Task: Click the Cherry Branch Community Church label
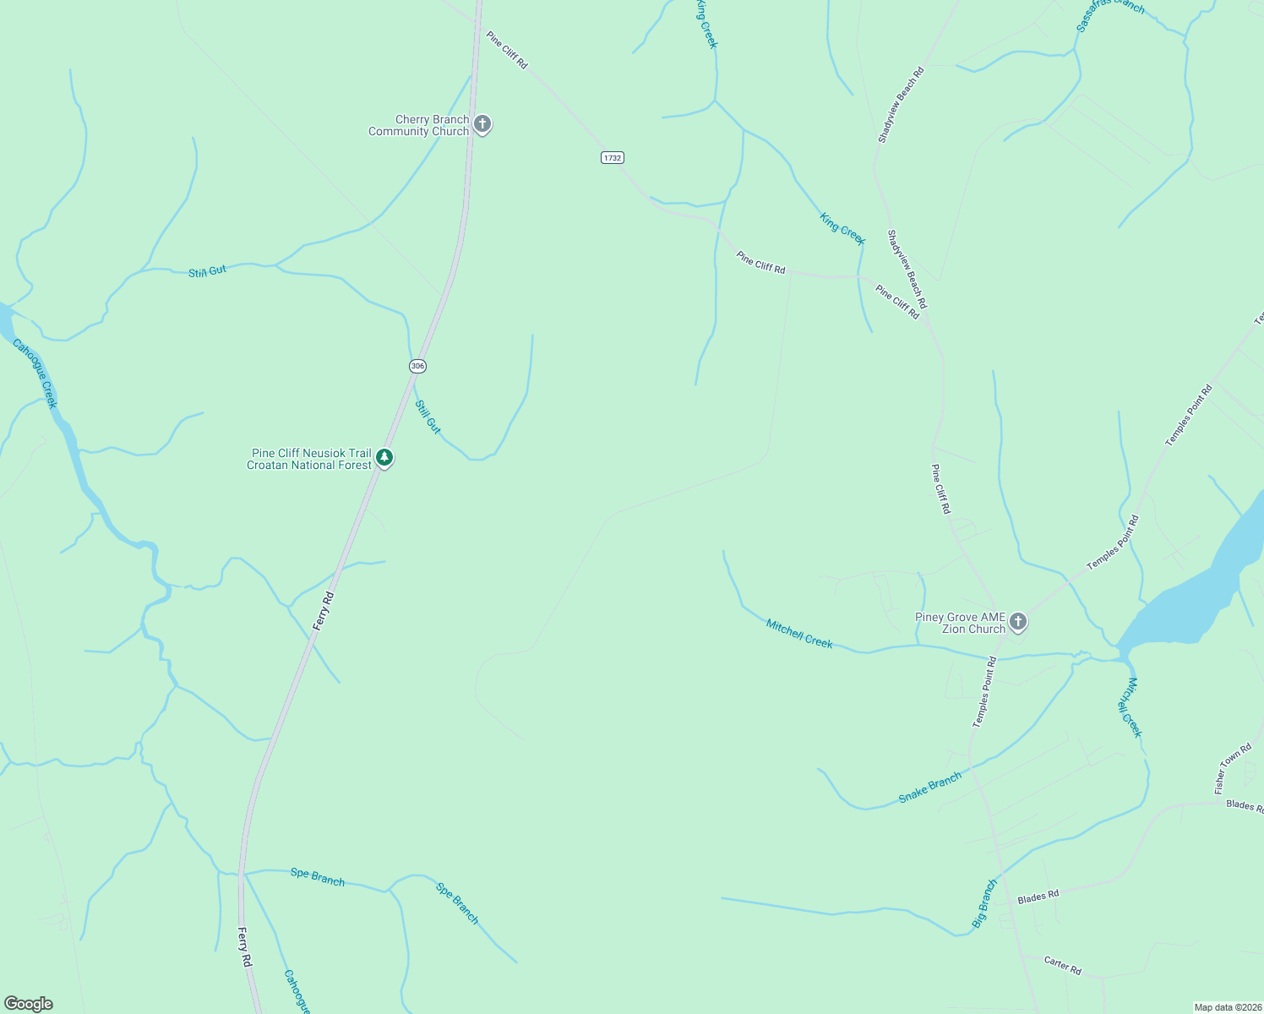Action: (x=419, y=126)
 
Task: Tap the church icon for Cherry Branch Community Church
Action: (x=482, y=125)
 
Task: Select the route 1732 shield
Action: (x=613, y=158)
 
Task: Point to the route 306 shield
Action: (x=417, y=366)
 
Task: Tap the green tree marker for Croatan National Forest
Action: (x=384, y=458)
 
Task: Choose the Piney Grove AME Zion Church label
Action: (x=961, y=624)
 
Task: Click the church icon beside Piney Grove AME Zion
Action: (x=1018, y=623)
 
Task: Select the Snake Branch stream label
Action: (x=929, y=788)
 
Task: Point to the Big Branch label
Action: (x=984, y=904)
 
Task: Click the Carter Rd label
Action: (x=1062, y=965)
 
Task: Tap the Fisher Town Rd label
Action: (x=1233, y=768)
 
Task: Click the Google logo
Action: (x=29, y=1004)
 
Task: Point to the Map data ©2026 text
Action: (x=1227, y=1007)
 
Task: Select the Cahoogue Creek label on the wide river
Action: (x=35, y=373)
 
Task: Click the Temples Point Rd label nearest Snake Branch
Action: (x=985, y=691)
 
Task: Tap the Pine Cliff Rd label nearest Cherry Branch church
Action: (x=506, y=50)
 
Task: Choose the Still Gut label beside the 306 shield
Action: (x=428, y=417)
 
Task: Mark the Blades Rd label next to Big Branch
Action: (x=1038, y=897)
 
